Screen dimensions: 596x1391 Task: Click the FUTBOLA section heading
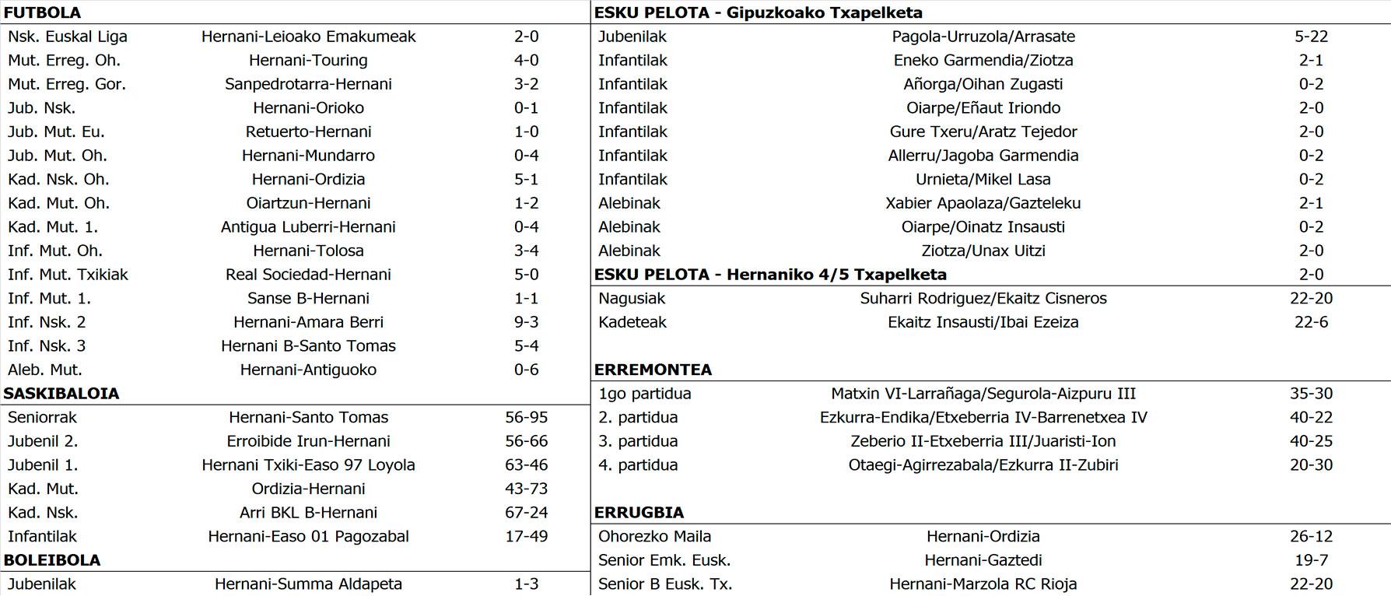[42, 12]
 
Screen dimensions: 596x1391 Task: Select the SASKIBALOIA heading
[61, 394]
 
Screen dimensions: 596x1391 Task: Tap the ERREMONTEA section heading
[653, 370]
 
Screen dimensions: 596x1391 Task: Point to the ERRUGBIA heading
[639, 513]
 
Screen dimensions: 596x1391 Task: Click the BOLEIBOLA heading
[52, 560]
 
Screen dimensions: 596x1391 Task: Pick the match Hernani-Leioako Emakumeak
[308, 37]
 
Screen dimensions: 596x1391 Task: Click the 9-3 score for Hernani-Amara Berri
[526, 322]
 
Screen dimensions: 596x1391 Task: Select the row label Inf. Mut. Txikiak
[68, 275]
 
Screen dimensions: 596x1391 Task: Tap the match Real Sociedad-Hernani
[308, 275]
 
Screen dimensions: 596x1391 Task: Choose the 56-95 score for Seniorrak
[526, 418]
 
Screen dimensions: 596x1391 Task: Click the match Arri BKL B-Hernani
[308, 513]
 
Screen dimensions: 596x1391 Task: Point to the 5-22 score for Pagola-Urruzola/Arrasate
[1311, 37]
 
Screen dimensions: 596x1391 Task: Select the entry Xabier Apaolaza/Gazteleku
[983, 203]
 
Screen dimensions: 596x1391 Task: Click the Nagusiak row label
[632, 299]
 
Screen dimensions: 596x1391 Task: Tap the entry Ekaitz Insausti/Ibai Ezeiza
[983, 322]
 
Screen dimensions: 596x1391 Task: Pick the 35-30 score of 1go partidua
[1311, 394]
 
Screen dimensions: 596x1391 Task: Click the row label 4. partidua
[638, 465]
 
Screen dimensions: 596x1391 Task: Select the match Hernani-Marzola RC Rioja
[983, 584]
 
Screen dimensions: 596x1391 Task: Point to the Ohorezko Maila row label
[654, 537]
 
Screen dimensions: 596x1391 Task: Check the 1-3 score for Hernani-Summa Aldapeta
[526, 584]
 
